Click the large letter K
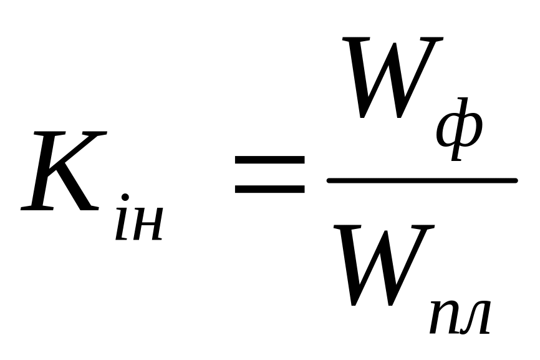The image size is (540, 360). click(62, 172)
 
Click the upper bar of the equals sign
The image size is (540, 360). click(269, 160)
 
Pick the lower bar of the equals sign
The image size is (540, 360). click(269, 187)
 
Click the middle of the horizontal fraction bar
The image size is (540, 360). click(422, 181)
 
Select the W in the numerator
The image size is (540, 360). click(394, 78)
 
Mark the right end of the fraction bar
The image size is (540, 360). click(514, 181)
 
